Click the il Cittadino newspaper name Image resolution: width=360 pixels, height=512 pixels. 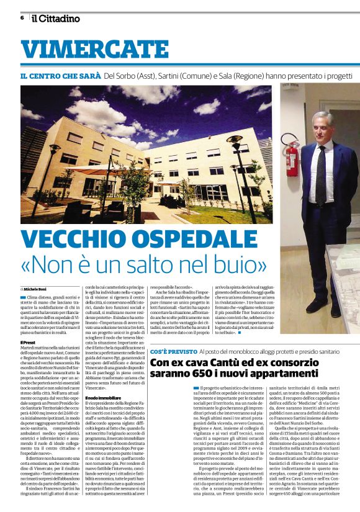point(56,18)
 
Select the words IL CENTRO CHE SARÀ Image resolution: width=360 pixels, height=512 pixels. point(60,76)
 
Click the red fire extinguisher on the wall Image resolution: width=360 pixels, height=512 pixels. point(291,160)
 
